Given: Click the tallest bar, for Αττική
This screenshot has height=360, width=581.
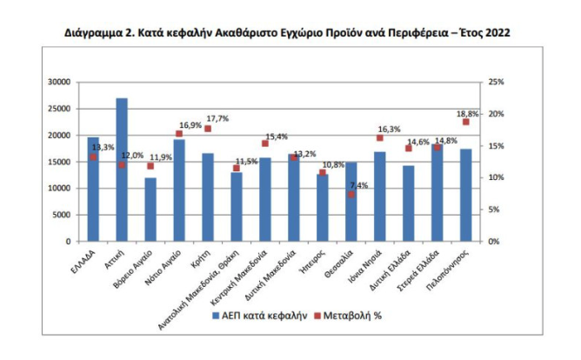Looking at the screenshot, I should click(122, 170).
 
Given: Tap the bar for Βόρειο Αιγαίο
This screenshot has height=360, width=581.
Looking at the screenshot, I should click(150, 210).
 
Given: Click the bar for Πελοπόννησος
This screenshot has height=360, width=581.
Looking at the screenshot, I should click(466, 195).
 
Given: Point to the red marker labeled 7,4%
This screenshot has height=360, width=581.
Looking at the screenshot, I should click(351, 194).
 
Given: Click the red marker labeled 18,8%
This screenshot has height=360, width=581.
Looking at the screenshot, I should click(466, 122).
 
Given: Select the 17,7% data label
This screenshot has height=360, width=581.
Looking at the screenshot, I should click(217, 118).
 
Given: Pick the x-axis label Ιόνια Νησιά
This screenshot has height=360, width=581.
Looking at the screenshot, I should click(368, 264).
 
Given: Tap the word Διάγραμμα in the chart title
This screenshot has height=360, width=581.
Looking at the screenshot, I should click(95, 32).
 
